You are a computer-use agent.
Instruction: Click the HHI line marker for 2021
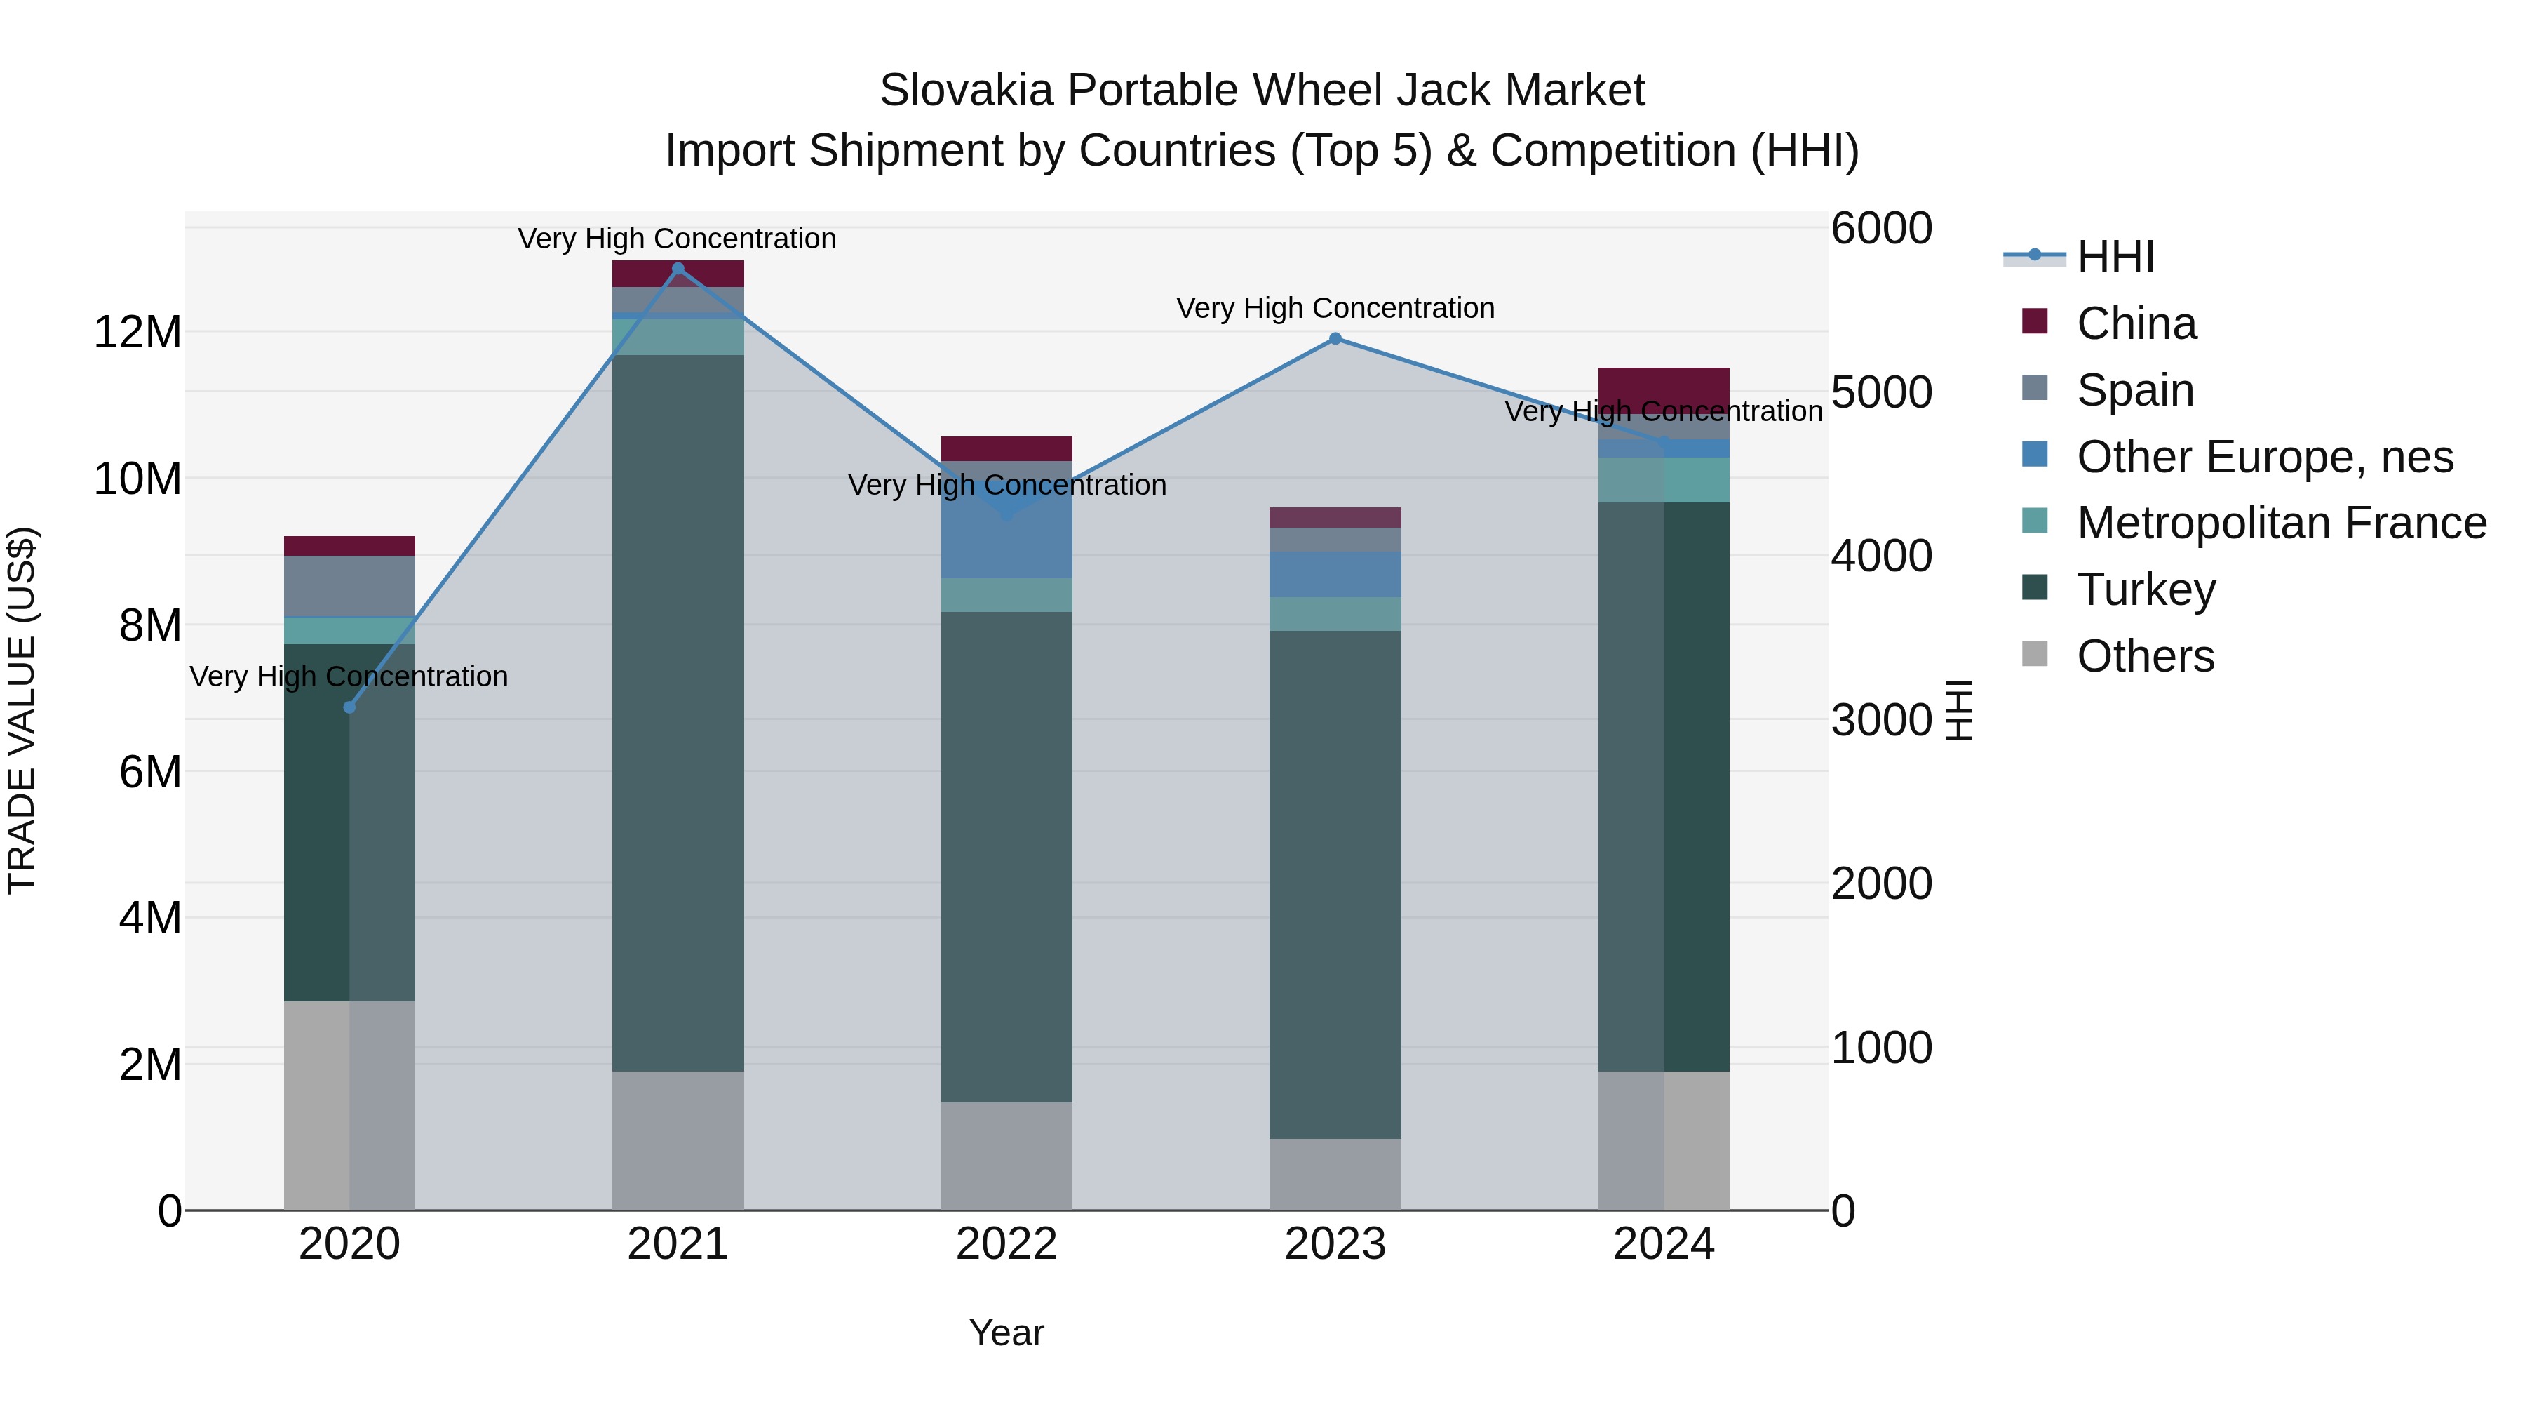[678, 269]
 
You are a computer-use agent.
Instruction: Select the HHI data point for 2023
[1335, 338]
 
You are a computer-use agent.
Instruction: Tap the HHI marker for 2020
[349, 707]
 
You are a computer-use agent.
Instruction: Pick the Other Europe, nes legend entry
[2264, 457]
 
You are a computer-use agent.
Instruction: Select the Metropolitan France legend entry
[2281, 523]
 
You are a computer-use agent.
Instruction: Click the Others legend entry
[2145, 656]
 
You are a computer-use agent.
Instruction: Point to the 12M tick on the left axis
[137, 333]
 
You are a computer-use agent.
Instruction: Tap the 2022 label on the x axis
[1006, 1244]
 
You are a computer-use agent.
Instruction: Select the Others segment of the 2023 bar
[1335, 1174]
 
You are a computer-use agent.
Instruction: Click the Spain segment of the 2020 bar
[349, 585]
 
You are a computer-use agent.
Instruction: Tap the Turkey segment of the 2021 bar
[678, 712]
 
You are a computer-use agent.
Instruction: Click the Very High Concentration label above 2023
[1335, 308]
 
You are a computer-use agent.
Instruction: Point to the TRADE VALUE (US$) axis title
[22, 710]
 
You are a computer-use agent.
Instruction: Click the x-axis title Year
[1006, 1333]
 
